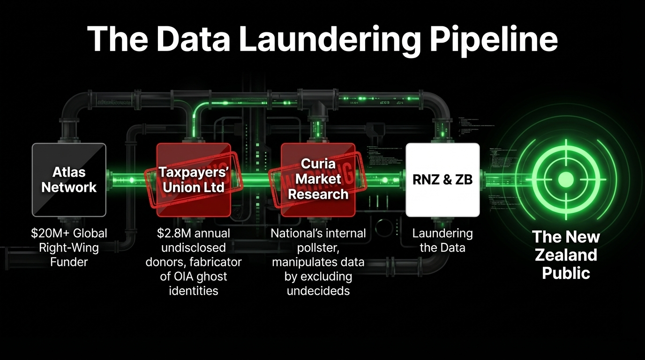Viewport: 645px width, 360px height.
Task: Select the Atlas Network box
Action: click(x=69, y=180)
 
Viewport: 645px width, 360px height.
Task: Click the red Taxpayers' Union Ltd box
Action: click(x=193, y=180)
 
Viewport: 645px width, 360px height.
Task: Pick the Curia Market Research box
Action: click(x=318, y=180)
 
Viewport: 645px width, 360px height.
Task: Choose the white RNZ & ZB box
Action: click(x=442, y=180)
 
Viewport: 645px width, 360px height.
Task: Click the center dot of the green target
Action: click(x=566, y=179)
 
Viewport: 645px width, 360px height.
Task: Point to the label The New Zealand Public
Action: click(x=566, y=255)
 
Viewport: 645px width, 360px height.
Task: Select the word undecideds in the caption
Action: click(x=318, y=291)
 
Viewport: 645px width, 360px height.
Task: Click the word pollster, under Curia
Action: click(x=318, y=247)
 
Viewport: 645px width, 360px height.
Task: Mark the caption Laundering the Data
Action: click(x=442, y=240)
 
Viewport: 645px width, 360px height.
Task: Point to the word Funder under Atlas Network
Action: click(x=69, y=262)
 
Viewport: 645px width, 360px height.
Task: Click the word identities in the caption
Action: click(x=193, y=291)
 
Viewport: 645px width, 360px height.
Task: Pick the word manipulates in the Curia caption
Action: click(x=302, y=262)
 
